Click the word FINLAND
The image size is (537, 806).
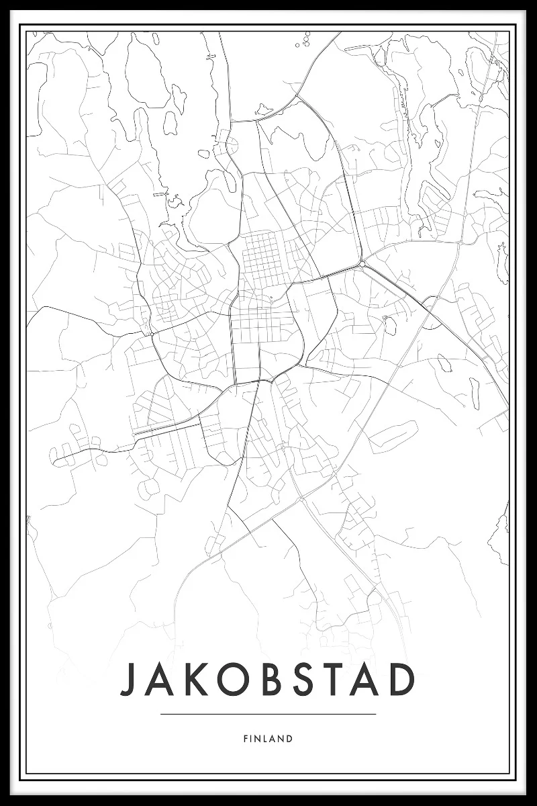pyautogui.click(x=268, y=739)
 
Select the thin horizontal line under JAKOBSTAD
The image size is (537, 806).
pyautogui.click(x=268, y=714)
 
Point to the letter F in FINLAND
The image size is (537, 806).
pyautogui.click(x=246, y=739)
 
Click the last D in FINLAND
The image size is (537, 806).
pyautogui.click(x=289, y=739)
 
